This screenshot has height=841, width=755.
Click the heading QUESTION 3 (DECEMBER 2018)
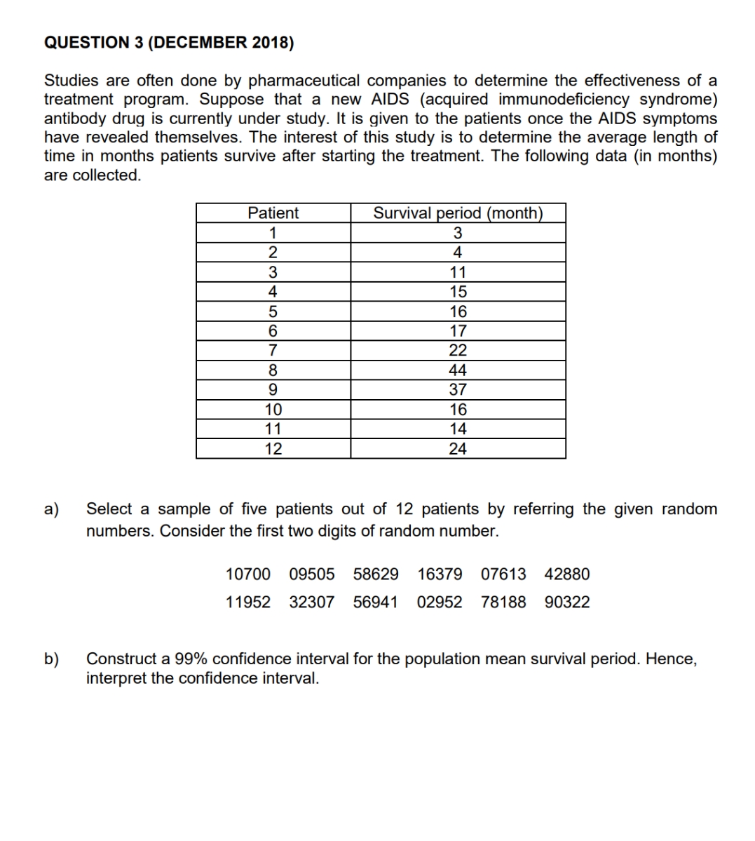(x=169, y=43)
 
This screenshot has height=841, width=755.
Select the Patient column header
(x=273, y=213)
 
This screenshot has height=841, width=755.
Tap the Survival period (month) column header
(x=458, y=213)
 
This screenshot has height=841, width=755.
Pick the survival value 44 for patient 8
(x=458, y=370)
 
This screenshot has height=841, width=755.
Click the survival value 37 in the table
(x=458, y=390)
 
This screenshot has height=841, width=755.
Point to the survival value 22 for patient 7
(x=458, y=351)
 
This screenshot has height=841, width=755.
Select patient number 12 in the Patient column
(x=273, y=449)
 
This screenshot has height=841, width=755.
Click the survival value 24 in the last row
(x=458, y=449)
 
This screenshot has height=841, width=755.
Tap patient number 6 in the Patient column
(x=273, y=331)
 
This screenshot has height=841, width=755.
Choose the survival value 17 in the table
(x=458, y=331)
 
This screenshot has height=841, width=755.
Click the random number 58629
(x=376, y=574)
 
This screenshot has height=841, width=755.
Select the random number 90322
(x=567, y=603)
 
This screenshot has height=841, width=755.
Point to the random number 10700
(x=247, y=574)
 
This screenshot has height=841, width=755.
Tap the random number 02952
(x=440, y=603)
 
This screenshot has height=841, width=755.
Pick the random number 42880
(x=567, y=574)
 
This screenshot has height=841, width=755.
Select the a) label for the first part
(x=52, y=509)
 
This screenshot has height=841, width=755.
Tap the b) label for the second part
(x=52, y=659)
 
